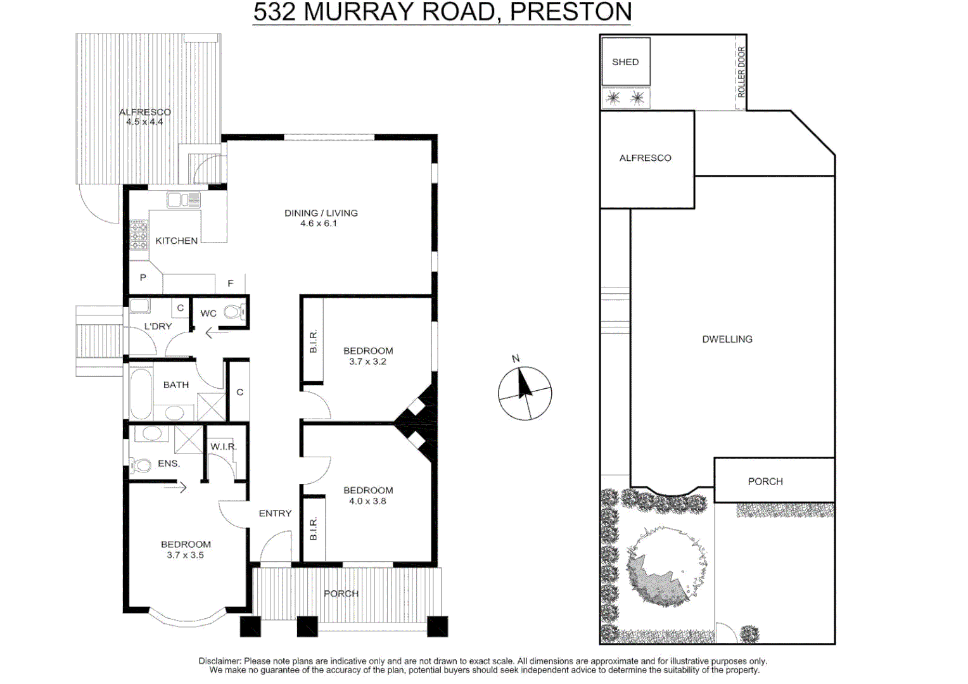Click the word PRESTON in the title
(x=570, y=12)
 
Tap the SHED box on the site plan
(x=625, y=62)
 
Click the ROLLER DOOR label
(x=741, y=72)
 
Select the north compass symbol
(x=525, y=393)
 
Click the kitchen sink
(x=184, y=200)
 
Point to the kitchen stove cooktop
(x=139, y=235)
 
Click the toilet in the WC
(x=234, y=312)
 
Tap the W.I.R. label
(x=223, y=446)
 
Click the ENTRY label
(x=275, y=514)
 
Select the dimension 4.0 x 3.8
(x=367, y=501)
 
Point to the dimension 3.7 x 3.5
(x=185, y=555)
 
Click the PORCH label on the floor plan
(x=341, y=593)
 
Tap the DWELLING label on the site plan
(x=727, y=339)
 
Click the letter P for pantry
(x=143, y=277)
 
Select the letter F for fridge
(x=231, y=283)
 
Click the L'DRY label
(x=158, y=326)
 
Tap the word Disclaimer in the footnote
(x=219, y=661)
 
